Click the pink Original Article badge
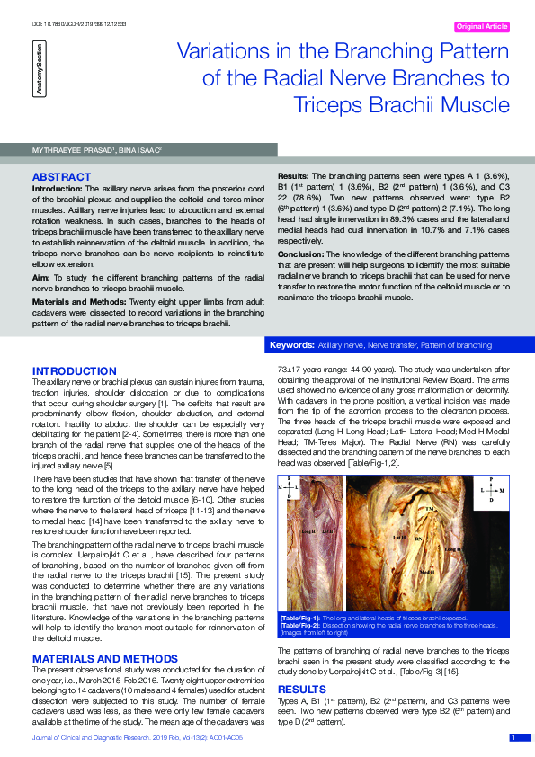click(x=482, y=27)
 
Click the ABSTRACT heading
click(x=61, y=176)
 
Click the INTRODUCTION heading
click(x=74, y=370)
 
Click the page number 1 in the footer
click(x=513, y=738)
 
